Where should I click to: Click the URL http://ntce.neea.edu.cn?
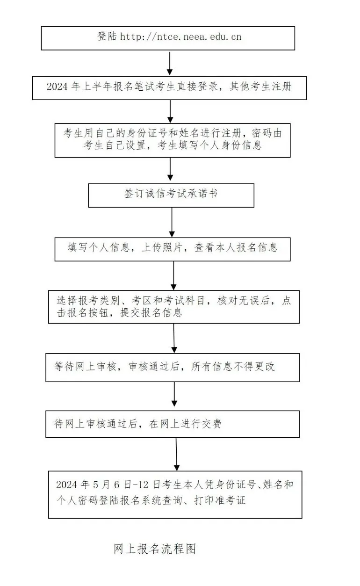point(181,36)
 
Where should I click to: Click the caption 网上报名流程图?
point(154,549)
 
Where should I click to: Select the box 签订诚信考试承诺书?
point(171,195)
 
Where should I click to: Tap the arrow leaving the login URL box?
point(170,62)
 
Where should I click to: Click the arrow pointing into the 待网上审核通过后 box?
point(174,396)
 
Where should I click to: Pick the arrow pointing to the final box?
point(176,453)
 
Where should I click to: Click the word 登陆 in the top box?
point(107,36)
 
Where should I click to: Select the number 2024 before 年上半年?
point(58,87)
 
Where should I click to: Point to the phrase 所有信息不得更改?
point(233,367)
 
